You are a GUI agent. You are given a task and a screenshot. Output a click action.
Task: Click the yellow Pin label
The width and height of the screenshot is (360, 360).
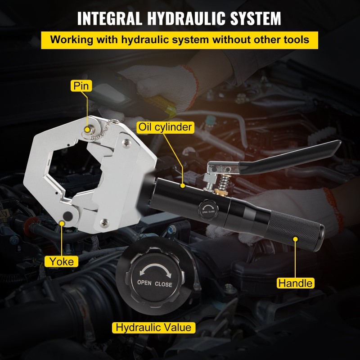click(81, 85)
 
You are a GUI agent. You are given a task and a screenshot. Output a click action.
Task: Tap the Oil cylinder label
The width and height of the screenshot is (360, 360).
click(165, 127)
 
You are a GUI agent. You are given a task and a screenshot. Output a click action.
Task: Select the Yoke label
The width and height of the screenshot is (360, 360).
click(62, 261)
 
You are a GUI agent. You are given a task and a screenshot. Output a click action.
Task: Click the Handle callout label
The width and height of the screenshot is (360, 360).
click(296, 283)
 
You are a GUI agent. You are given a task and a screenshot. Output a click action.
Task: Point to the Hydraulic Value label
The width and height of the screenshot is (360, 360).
click(153, 328)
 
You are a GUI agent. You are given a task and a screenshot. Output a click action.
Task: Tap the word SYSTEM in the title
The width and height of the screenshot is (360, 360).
click(256, 18)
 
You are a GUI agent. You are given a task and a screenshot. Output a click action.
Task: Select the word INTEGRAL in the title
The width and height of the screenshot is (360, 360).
click(110, 18)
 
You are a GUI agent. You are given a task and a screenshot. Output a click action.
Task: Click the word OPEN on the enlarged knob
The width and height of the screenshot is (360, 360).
click(144, 283)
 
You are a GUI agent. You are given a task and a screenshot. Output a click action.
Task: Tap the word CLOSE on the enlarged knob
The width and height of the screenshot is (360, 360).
click(163, 284)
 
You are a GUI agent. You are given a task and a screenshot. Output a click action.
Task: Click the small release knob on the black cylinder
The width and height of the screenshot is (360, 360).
click(208, 210)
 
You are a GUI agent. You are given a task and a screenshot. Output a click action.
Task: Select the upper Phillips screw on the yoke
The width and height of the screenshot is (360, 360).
click(126, 143)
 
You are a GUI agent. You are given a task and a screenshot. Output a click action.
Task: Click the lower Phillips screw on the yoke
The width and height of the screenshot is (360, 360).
click(104, 223)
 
